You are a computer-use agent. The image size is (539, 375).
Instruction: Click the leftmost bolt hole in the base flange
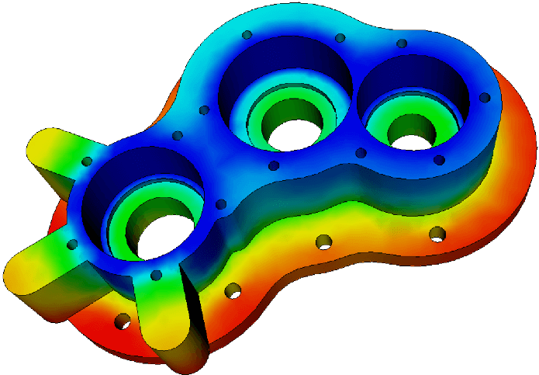[x=122, y=321]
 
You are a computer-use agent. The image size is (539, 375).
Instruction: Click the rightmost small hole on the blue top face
[x=485, y=98]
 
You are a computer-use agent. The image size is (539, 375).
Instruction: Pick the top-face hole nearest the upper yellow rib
[x=87, y=161]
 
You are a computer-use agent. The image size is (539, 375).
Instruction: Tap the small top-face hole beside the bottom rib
[x=156, y=275]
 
